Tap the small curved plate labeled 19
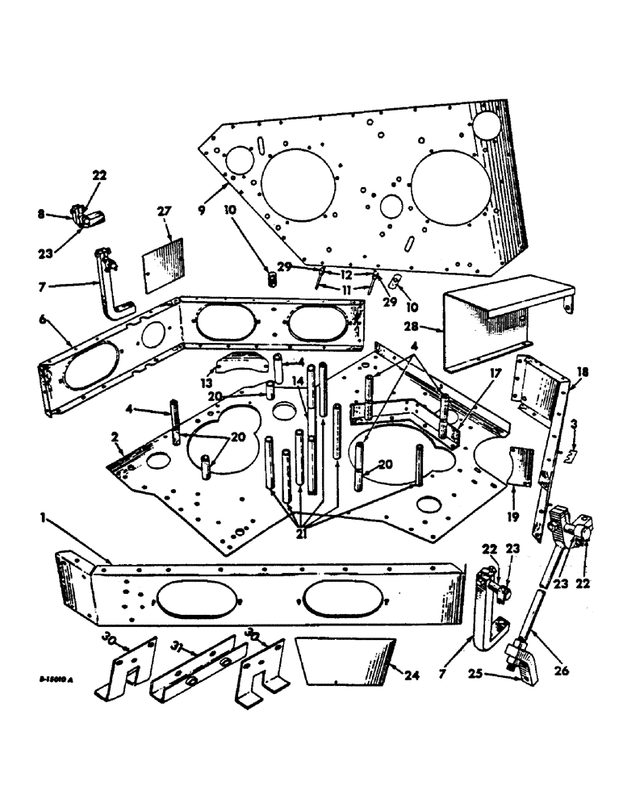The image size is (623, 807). click(x=520, y=469)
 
